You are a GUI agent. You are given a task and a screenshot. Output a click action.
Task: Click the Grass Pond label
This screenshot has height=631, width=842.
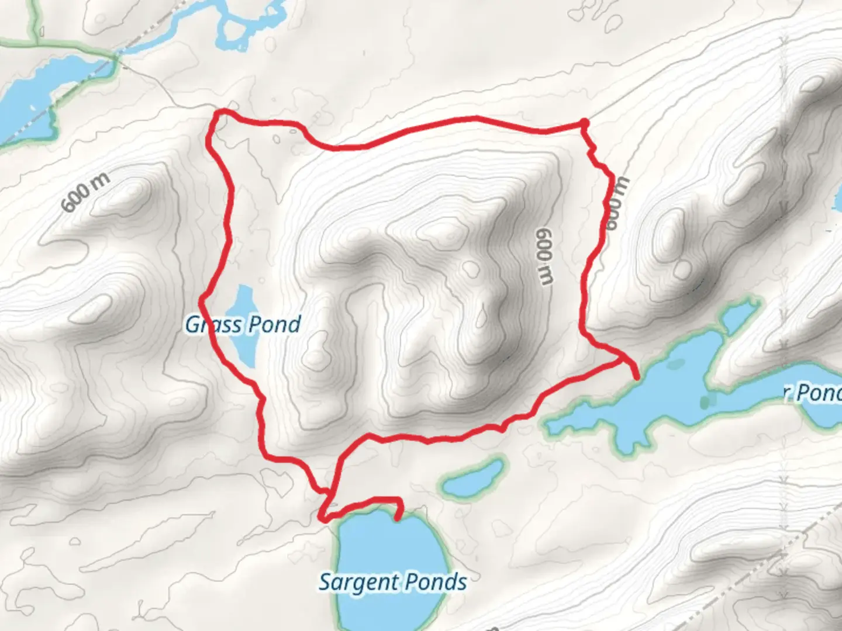point(243,324)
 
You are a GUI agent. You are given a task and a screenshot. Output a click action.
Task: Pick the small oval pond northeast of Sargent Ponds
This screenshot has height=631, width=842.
point(474,477)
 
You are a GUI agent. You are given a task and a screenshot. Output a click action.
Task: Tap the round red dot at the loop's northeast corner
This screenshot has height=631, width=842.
point(584,122)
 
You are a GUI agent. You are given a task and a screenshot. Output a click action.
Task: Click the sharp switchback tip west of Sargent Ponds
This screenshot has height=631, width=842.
point(322,518)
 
